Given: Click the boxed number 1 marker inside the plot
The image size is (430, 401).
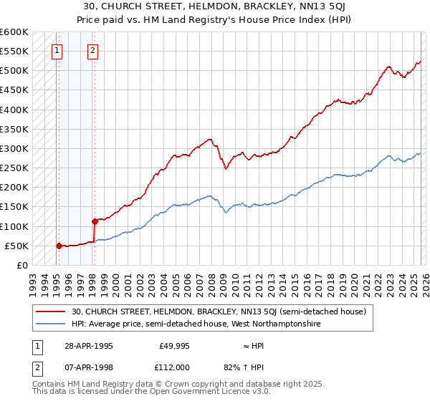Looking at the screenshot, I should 57,51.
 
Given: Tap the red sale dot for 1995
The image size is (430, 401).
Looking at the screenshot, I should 59,246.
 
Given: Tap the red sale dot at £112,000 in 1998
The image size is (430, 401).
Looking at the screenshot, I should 95,221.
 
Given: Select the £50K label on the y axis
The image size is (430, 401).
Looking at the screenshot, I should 16,246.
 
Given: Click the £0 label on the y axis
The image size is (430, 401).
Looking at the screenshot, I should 22,265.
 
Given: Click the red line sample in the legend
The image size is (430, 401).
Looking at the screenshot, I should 50,311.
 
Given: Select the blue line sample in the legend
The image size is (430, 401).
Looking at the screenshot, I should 50,324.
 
